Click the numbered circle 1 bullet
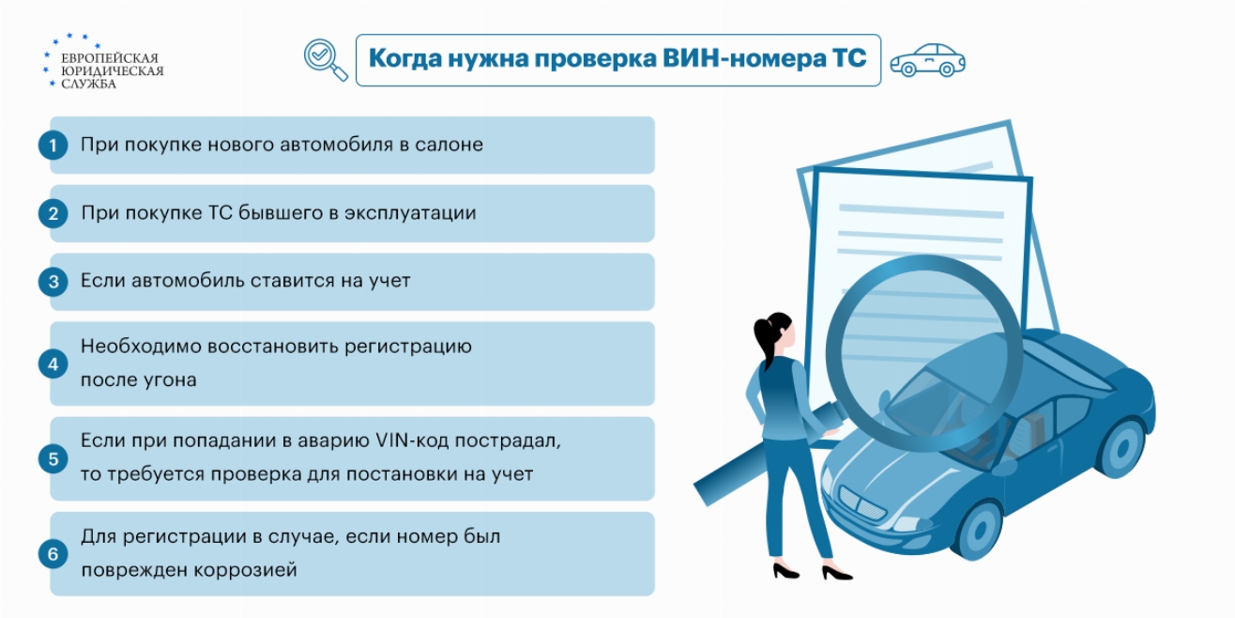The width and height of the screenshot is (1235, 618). pos(53,146)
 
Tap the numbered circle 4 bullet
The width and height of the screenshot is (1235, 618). pos(53,364)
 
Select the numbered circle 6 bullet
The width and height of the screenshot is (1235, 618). pos(53,554)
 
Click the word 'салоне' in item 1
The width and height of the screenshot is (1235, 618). pos(449,145)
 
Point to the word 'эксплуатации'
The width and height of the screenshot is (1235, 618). pos(410,214)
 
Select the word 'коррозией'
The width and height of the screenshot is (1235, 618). pos(246,570)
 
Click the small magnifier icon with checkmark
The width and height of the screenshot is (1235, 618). pos(326,59)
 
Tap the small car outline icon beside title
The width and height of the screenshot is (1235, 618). pos(928,61)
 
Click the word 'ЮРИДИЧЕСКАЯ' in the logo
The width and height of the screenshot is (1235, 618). pos(113,71)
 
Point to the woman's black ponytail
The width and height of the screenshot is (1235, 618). pos(763,336)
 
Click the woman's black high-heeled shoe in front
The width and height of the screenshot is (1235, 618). pos(836,573)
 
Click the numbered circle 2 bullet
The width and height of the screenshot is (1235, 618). pos(53,213)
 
